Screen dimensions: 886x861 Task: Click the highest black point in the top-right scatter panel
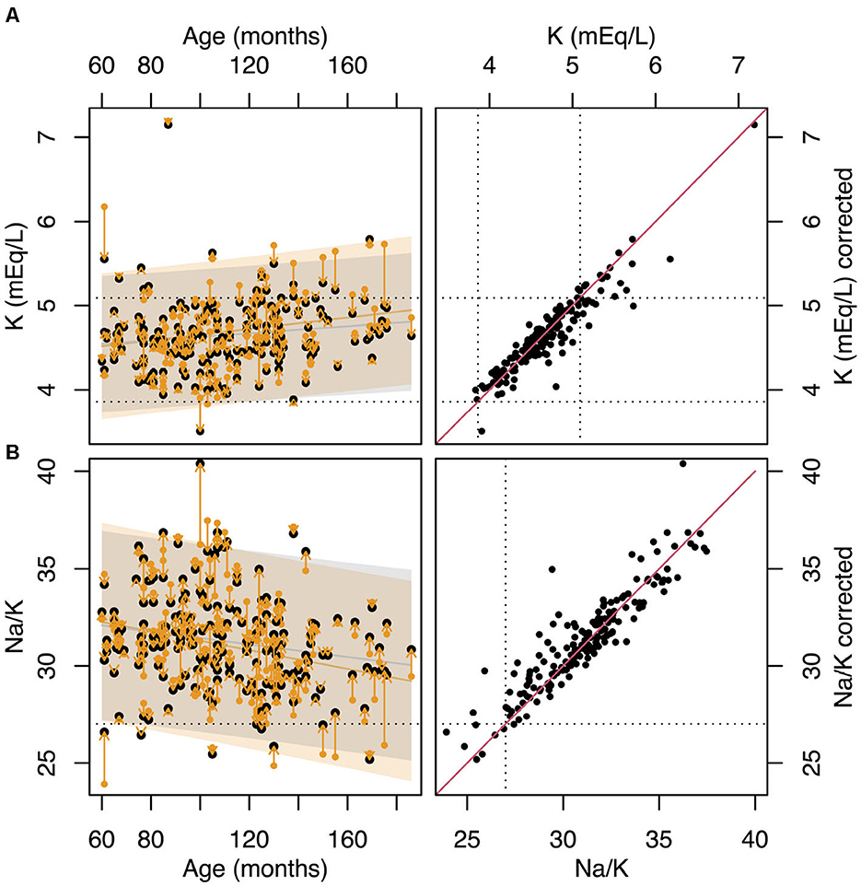click(754, 124)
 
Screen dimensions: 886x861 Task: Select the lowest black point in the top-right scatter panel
click(482, 430)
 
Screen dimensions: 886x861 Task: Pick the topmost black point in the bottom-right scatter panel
click(682, 463)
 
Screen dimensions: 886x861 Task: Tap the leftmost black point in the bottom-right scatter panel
click(447, 732)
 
